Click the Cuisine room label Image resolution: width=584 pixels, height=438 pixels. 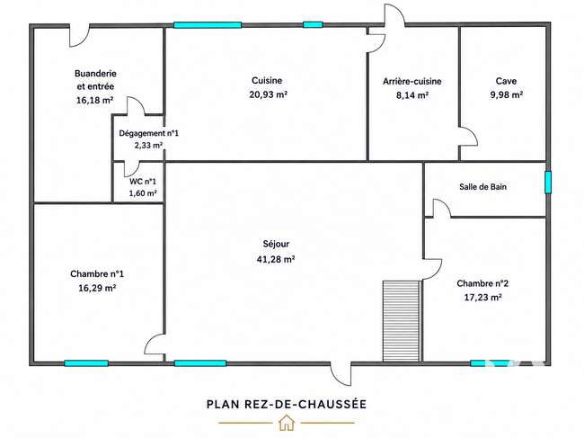click(x=267, y=80)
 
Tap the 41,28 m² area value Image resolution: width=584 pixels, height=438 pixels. click(x=276, y=259)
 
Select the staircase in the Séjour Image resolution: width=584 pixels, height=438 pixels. click(x=402, y=321)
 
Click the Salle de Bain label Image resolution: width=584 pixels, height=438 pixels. click(x=482, y=186)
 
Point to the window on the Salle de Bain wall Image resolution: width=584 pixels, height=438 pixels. click(x=548, y=183)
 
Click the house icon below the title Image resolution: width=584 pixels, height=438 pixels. click(x=287, y=423)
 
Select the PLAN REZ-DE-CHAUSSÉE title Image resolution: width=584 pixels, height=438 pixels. click(x=287, y=404)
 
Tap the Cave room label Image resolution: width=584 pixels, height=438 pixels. click(x=506, y=81)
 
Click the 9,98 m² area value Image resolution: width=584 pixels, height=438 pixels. click(x=507, y=94)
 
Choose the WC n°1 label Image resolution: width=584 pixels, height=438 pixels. click(x=143, y=182)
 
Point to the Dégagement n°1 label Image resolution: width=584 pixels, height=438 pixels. click(x=148, y=133)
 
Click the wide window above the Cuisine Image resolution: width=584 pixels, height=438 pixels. click(x=208, y=25)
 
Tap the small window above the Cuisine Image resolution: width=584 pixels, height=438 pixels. click(x=313, y=25)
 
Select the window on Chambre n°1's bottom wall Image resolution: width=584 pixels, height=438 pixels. click(x=86, y=363)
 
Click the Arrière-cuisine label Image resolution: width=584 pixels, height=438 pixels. click(x=411, y=81)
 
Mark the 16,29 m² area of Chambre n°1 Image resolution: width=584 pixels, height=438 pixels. click(x=97, y=288)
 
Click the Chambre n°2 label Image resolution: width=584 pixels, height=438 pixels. click(x=482, y=283)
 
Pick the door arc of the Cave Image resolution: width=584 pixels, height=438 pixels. click(x=470, y=136)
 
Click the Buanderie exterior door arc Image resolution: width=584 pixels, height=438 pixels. click(x=79, y=36)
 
